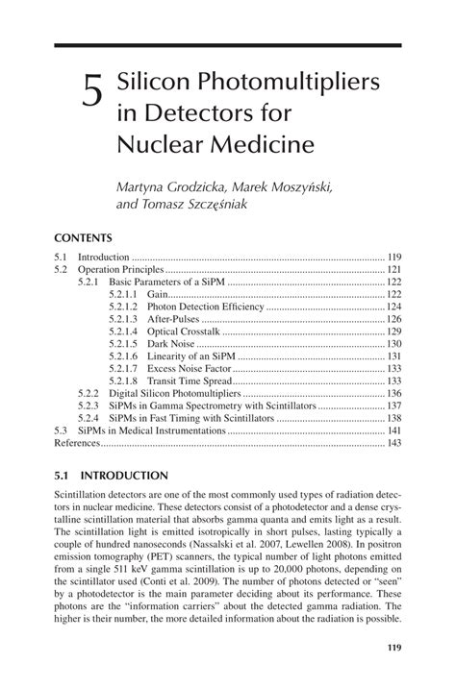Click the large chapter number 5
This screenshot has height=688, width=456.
click(92, 93)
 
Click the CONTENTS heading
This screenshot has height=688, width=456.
click(84, 237)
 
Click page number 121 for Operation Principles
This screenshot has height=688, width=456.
click(393, 271)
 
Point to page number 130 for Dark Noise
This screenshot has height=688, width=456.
click(393, 344)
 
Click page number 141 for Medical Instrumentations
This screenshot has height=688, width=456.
click(393, 431)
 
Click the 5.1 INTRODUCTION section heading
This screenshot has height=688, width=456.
click(112, 475)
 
